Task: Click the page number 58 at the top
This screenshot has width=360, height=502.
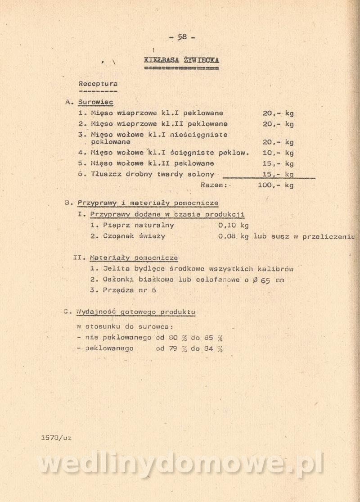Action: pyautogui.click(x=182, y=37)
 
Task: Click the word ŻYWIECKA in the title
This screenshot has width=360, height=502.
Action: pyautogui.click(x=201, y=59)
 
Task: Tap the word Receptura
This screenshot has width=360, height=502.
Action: pyautogui.click(x=98, y=84)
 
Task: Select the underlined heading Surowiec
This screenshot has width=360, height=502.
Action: pyautogui.click(x=95, y=102)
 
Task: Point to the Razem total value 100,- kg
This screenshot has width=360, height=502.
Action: pyautogui.click(x=276, y=185)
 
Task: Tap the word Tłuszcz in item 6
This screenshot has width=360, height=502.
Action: pyautogui.click(x=106, y=174)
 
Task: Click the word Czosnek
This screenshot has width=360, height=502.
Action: pyautogui.click(x=119, y=236)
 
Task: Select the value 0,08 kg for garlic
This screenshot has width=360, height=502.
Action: pyautogui.click(x=233, y=236)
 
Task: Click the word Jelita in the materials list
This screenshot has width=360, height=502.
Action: pyautogui.click(x=117, y=269)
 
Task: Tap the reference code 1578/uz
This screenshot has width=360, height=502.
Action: pyautogui.click(x=56, y=437)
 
